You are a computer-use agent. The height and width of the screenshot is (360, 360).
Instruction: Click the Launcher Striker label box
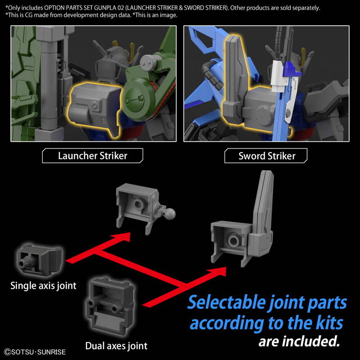click(92, 156)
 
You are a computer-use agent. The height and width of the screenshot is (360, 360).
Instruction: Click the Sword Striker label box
click(267, 156)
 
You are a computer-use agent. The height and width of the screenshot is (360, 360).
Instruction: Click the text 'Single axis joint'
click(43, 285)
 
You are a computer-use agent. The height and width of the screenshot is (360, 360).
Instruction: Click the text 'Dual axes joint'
click(116, 346)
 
